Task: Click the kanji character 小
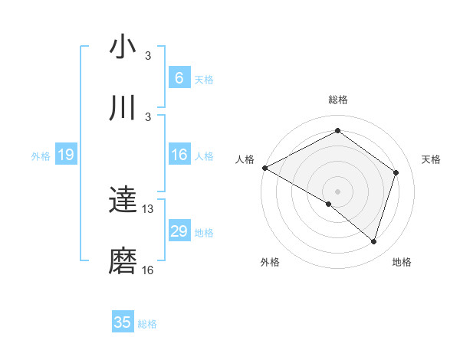tap(123, 47)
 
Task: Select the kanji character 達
tap(123, 201)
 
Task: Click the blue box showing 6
tap(179, 78)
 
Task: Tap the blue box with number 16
tap(179, 155)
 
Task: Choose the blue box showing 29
tap(179, 231)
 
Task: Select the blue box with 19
tap(65, 155)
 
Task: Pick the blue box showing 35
tap(123, 322)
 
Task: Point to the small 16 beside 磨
tap(148, 270)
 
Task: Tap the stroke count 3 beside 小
tap(148, 55)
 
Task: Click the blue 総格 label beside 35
tap(147, 324)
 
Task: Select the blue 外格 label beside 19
tap(41, 156)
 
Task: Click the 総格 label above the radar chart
tap(338, 100)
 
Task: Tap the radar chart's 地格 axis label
tap(402, 263)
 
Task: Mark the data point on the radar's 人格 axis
tap(264, 168)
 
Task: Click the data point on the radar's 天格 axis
tap(396, 172)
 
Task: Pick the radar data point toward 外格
tap(329, 205)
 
